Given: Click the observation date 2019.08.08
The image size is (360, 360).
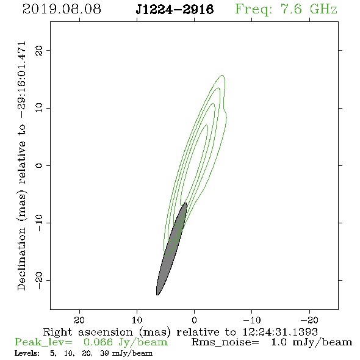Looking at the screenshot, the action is pos(62,9).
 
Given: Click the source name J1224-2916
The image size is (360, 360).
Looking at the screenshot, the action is pos(175,10).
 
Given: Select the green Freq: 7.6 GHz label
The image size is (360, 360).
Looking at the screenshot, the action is pos(286,10).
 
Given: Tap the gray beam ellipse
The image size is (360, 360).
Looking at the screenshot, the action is pos(171,249).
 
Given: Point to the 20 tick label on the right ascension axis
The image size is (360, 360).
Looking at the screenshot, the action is pos(79,320).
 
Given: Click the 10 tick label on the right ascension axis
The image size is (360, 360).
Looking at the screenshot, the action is pos(137,320).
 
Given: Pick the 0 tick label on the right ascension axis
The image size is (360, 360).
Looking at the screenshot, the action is pos(194,320).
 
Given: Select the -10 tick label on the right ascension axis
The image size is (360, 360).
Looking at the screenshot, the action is pos(252,320).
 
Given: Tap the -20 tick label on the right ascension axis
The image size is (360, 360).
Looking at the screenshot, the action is pos(309,320).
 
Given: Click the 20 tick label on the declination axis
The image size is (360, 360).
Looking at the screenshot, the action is pos(39,51).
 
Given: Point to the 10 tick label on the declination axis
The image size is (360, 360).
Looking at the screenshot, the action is pos(39,108).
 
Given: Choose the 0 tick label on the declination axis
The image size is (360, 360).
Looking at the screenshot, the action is pos(39,165).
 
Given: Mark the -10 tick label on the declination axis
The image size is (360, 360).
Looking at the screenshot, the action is pos(39,223).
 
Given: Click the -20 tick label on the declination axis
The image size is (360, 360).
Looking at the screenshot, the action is pos(39,280).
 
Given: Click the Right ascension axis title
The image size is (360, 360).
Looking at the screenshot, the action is pos(180,332).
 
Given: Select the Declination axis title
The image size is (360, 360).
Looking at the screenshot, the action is pos(21,166).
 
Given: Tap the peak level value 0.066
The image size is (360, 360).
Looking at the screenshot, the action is pos(98,342).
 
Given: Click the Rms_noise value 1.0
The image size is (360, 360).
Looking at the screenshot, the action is pos(279,342).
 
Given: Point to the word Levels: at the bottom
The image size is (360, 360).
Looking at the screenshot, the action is pos(27,353).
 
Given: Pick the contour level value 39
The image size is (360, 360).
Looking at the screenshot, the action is pos(104,353).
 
